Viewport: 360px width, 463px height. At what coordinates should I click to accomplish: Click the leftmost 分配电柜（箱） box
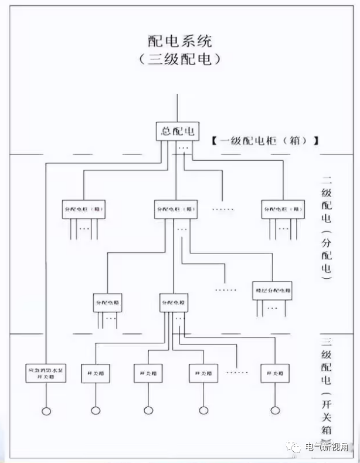[84, 209]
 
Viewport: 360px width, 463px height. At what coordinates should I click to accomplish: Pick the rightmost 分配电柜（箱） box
[283, 209]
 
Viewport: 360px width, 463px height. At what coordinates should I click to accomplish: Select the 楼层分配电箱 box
[272, 290]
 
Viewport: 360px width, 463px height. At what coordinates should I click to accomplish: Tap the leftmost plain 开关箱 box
[95, 373]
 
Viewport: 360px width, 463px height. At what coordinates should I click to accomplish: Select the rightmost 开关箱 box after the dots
[276, 373]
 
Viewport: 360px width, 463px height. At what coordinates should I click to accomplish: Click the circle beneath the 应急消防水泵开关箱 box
[46, 410]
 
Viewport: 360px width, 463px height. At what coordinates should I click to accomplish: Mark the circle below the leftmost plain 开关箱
[95, 410]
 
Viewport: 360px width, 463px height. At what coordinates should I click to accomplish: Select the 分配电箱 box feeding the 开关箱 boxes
[174, 302]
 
